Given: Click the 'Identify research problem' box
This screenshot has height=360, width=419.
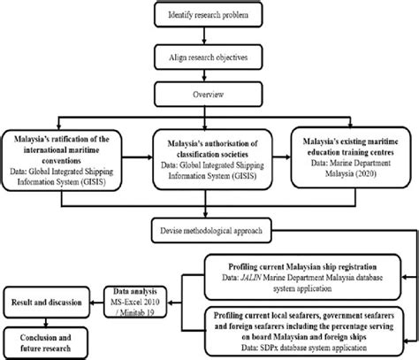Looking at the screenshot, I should [208, 14].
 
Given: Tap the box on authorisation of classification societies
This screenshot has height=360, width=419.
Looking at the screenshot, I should [208, 157].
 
